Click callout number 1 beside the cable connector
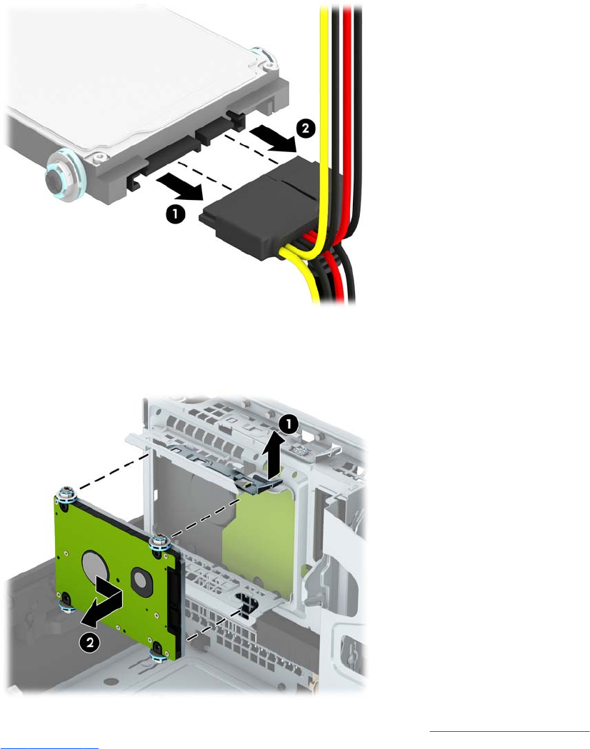[x=175, y=214]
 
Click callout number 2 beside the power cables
[x=305, y=129]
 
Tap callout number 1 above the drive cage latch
[x=289, y=423]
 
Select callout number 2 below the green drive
[x=89, y=642]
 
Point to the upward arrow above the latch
[x=273, y=456]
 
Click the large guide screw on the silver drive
[x=66, y=176]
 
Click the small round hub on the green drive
[x=139, y=578]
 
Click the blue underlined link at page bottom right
[x=510, y=730]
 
